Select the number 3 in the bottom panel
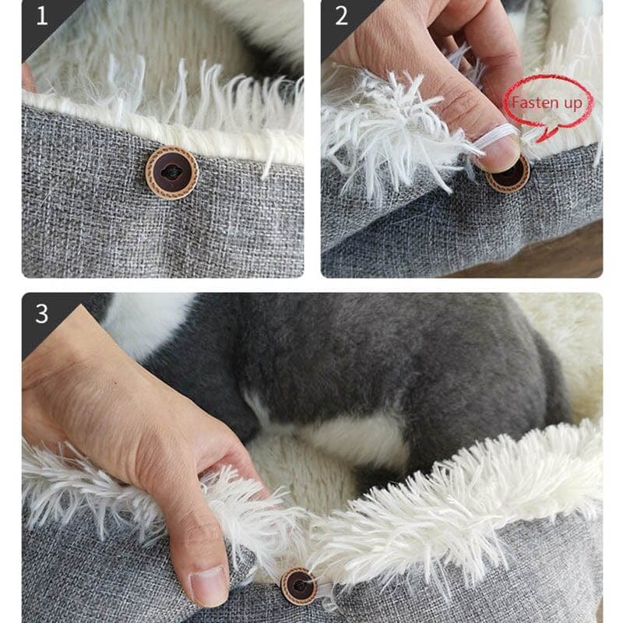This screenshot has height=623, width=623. pos(41,314)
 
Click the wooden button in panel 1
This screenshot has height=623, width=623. pos(172,172)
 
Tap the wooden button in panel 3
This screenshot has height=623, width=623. pos(299,586)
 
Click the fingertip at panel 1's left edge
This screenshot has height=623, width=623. pos(28,78)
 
